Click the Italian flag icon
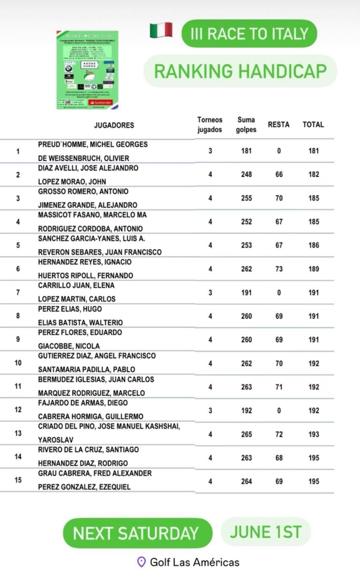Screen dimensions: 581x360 [x=161, y=30]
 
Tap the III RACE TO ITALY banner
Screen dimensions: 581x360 [x=249, y=33]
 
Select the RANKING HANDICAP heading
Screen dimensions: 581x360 [x=240, y=71]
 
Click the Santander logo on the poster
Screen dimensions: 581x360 [x=100, y=102]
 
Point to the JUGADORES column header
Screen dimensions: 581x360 [x=114, y=125]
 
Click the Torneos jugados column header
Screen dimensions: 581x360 [x=210, y=125]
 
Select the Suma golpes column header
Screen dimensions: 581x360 [x=246, y=125]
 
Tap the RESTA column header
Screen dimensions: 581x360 [x=278, y=125]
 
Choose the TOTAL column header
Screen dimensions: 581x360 [x=313, y=125]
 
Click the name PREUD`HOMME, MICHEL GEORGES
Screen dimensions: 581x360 [x=93, y=144]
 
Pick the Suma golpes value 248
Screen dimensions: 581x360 [x=246, y=174]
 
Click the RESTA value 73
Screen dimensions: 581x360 [x=279, y=269]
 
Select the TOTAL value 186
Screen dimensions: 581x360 [x=314, y=245]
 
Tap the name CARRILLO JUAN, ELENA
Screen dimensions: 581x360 [x=76, y=285]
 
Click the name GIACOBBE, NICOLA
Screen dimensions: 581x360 [x=69, y=346]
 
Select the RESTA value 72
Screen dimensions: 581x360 [x=279, y=434]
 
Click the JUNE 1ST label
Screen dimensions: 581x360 [x=265, y=532]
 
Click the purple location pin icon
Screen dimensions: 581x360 [x=141, y=562]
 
